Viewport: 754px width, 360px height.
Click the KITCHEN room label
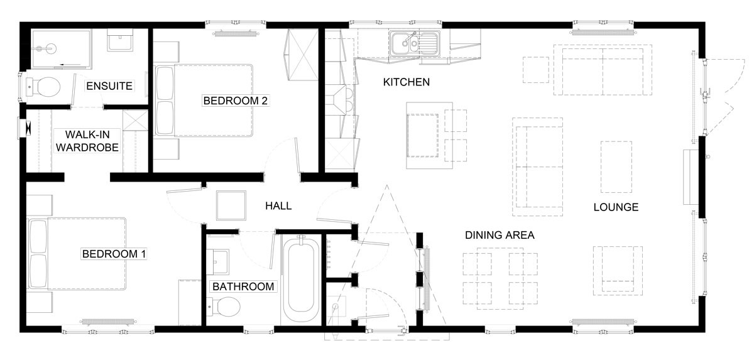pos(407,82)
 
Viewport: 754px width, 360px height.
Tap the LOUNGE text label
pos(616,207)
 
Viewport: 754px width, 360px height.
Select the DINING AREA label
pos(500,235)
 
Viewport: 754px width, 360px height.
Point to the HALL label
pos(278,206)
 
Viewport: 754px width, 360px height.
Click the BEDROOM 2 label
pos(235,101)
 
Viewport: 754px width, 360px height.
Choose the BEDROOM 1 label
pos(114,254)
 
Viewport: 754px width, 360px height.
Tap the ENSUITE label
pos(109,86)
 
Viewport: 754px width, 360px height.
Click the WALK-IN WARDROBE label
pos(87,141)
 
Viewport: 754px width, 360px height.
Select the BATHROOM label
pos(243,286)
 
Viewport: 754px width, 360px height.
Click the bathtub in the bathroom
pos(301,279)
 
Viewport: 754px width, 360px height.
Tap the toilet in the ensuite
pos(43,87)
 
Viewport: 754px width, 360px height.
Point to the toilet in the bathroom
pos(224,307)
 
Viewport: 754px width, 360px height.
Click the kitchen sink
pos(415,43)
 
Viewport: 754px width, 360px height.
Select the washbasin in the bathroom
pos(218,262)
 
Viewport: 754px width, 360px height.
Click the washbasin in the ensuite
pos(120,40)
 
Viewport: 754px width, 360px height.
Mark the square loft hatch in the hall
pos(231,205)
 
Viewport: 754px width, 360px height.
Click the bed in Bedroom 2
pos(204,101)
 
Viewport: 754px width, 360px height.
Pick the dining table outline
pos(500,278)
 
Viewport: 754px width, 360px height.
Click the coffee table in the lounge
pos(616,167)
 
